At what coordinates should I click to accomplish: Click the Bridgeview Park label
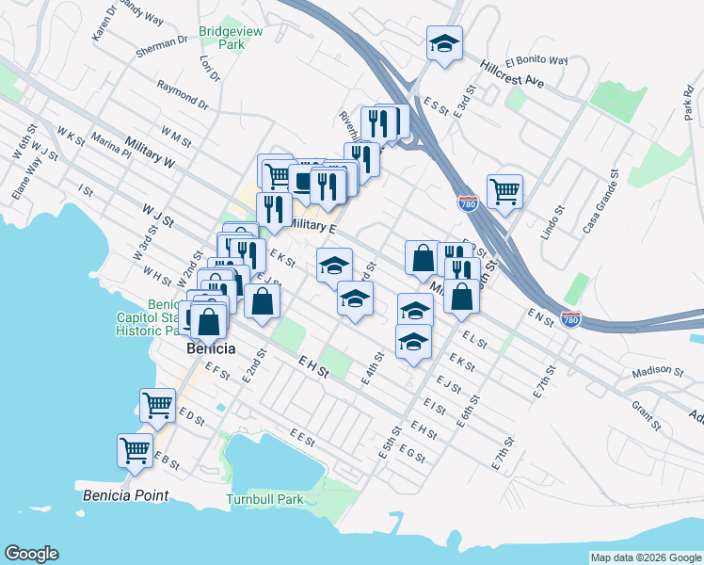(231, 38)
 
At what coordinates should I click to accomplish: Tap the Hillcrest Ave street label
(511, 74)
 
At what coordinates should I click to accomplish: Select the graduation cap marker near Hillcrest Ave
(444, 43)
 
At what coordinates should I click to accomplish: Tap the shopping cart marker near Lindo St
(505, 191)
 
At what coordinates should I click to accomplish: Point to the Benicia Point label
(125, 495)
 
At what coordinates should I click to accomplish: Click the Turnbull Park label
(265, 499)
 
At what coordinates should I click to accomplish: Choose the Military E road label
(313, 226)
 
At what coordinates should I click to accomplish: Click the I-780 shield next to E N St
(570, 319)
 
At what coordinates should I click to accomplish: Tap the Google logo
(31, 554)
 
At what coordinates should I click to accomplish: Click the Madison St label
(656, 371)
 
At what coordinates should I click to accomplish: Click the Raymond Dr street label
(183, 94)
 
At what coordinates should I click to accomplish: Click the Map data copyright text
(645, 557)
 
